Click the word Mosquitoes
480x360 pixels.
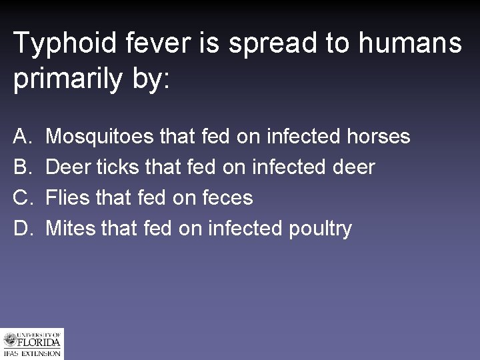tap(101, 137)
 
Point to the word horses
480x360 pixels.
tap(379, 137)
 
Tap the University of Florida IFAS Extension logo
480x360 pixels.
tap(31, 343)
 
